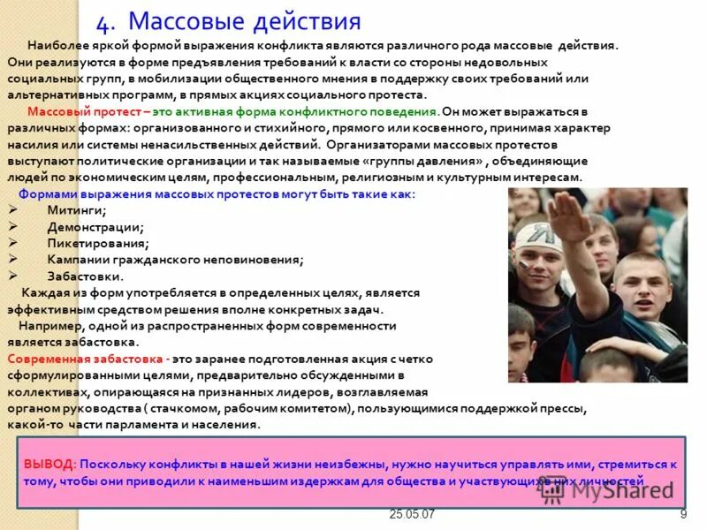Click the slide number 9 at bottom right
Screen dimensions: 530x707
pyautogui.click(x=683, y=514)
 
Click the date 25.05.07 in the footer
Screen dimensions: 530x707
pyautogui.click(x=412, y=515)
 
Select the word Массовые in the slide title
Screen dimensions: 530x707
pyautogui.click(x=180, y=21)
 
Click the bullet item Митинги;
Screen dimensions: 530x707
pyautogui.click(x=77, y=210)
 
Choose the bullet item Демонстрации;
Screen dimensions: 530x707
pyautogui.click(x=95, y=227)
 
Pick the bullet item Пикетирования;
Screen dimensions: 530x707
pyautogui.click(x=98, y=243)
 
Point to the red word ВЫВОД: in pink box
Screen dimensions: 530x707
pyautogui.click(x=49, y=464)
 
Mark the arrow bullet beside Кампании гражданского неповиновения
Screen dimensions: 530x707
pyautogui.click(x=13, y=260)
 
